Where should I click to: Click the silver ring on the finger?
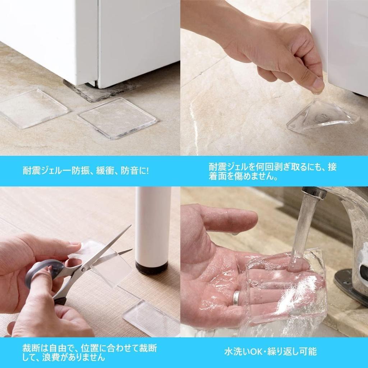(236, 297)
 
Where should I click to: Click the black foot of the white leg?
(151, 268)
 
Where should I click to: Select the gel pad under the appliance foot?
(99, 90)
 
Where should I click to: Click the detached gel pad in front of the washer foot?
(118, 118)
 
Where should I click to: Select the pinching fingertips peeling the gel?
(316, 86)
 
